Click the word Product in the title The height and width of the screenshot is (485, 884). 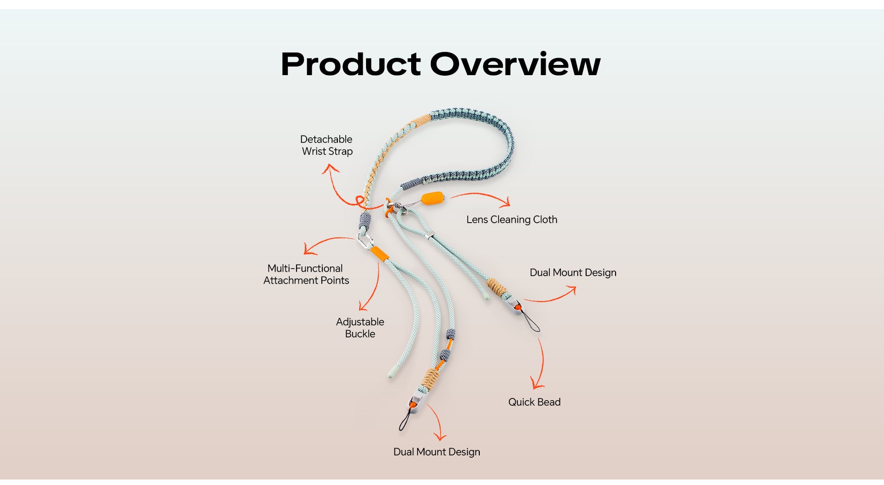(x=351, y=64)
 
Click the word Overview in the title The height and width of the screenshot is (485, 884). (x=515, y=64)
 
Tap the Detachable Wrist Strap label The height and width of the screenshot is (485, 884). (x=326, y=145)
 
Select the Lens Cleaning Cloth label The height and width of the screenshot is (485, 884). (x=512, y=220)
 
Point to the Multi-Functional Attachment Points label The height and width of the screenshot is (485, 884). (x=306, y=274)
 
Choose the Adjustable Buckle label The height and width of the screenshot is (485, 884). (x=360, y=328)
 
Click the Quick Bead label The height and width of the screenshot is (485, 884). (x=534, y=402)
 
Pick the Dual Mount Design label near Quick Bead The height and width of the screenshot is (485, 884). (x=573, y=272)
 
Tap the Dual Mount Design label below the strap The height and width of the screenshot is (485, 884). (x=436, y=452)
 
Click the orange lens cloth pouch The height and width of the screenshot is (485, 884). (x=433, y=199)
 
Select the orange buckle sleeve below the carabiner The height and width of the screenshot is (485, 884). (x=379, y=253)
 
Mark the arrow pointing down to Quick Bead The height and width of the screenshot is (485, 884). (x=540, y=364)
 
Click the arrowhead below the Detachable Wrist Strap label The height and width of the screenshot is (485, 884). (x=330, y=169)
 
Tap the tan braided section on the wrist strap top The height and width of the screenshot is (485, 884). (x=421, y=120)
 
